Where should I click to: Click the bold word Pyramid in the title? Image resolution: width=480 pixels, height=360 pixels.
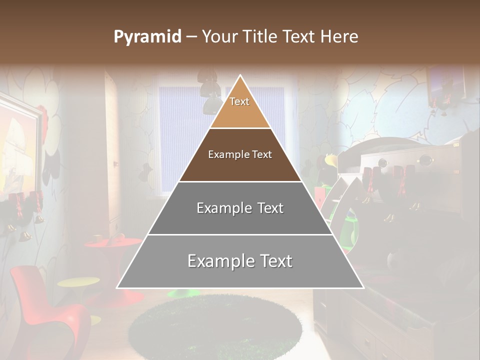(x=147, y=37)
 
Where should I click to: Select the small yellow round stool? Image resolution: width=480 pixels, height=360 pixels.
(x=78, y=282)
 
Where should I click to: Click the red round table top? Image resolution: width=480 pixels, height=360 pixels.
(x=113, y=243)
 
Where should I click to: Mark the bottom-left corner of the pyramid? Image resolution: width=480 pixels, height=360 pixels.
(x=117, y=288)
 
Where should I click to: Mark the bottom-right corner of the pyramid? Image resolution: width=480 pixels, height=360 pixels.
(x=363, y=288)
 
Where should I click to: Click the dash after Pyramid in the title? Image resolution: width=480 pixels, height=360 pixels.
(x=191, y=37)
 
